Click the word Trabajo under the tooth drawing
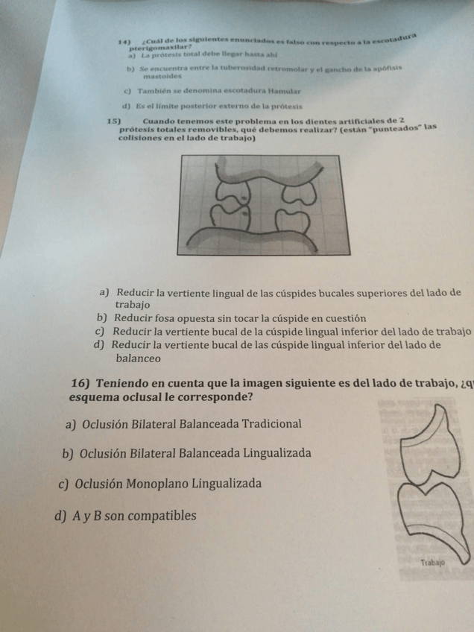pos(432,563)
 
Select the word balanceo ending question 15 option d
pos(138,358)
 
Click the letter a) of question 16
pos(72,424)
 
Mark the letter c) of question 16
pos(63,484)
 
